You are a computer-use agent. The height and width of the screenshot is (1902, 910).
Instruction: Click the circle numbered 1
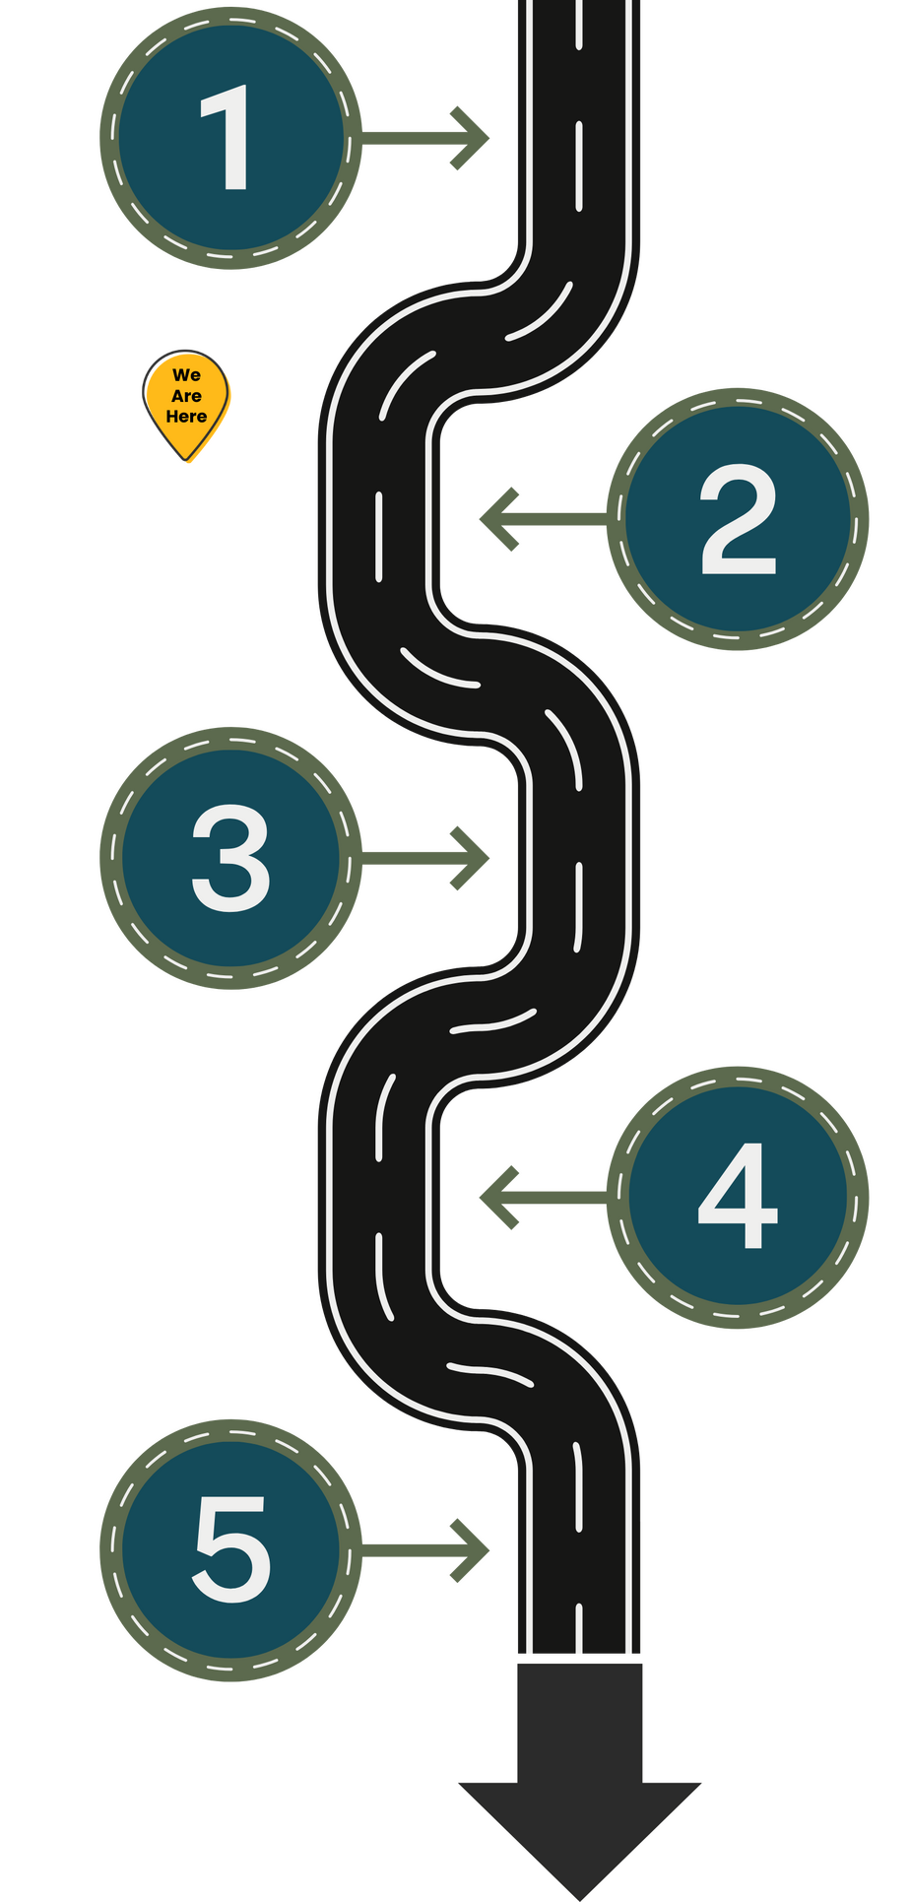click(x=231, y=139)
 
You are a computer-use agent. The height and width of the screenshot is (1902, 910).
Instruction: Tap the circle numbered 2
click(x=738, y=519)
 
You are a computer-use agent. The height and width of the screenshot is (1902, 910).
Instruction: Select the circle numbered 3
click(x=231, y=858)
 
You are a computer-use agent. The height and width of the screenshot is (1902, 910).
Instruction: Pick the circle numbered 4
click(x=738, y=1197)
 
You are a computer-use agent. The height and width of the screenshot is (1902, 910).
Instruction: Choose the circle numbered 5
click(x=231, y=1549)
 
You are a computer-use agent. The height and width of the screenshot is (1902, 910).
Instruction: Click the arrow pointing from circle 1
click(x=428, y=139)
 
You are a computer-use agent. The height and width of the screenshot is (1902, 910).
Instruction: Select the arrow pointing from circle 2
click(x=542, y=519)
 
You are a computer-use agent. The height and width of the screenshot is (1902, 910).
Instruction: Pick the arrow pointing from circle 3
click(x=428, y=858)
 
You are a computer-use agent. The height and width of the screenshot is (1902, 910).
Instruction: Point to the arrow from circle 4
click(x=542, y=1197)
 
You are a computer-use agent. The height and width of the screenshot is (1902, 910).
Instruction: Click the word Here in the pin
click(x=186, y=417)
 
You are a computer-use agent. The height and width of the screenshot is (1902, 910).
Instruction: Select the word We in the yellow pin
click(x=186, y=375)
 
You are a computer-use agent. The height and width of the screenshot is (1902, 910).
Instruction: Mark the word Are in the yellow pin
click(x=186, y=396)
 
